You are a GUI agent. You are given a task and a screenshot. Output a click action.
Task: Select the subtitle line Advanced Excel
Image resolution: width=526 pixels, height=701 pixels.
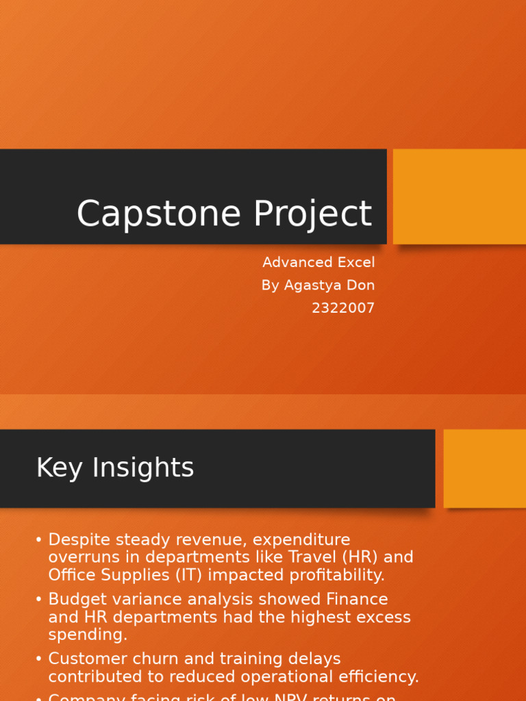[318, 263]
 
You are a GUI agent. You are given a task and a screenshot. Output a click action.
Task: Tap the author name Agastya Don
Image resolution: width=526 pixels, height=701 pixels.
[318, 285]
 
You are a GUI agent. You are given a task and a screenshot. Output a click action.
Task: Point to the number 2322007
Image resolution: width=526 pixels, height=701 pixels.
[343, 308]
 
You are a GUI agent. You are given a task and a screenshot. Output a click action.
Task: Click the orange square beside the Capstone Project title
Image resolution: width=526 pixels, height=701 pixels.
[459, 196]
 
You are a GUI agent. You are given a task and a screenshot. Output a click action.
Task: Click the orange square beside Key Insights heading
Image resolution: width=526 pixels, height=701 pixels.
[484, 468]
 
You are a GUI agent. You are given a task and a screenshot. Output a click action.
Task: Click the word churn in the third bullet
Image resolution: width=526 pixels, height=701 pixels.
[155, 659]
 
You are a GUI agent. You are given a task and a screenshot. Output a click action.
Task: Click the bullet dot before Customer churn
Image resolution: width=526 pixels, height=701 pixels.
[39, 659]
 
